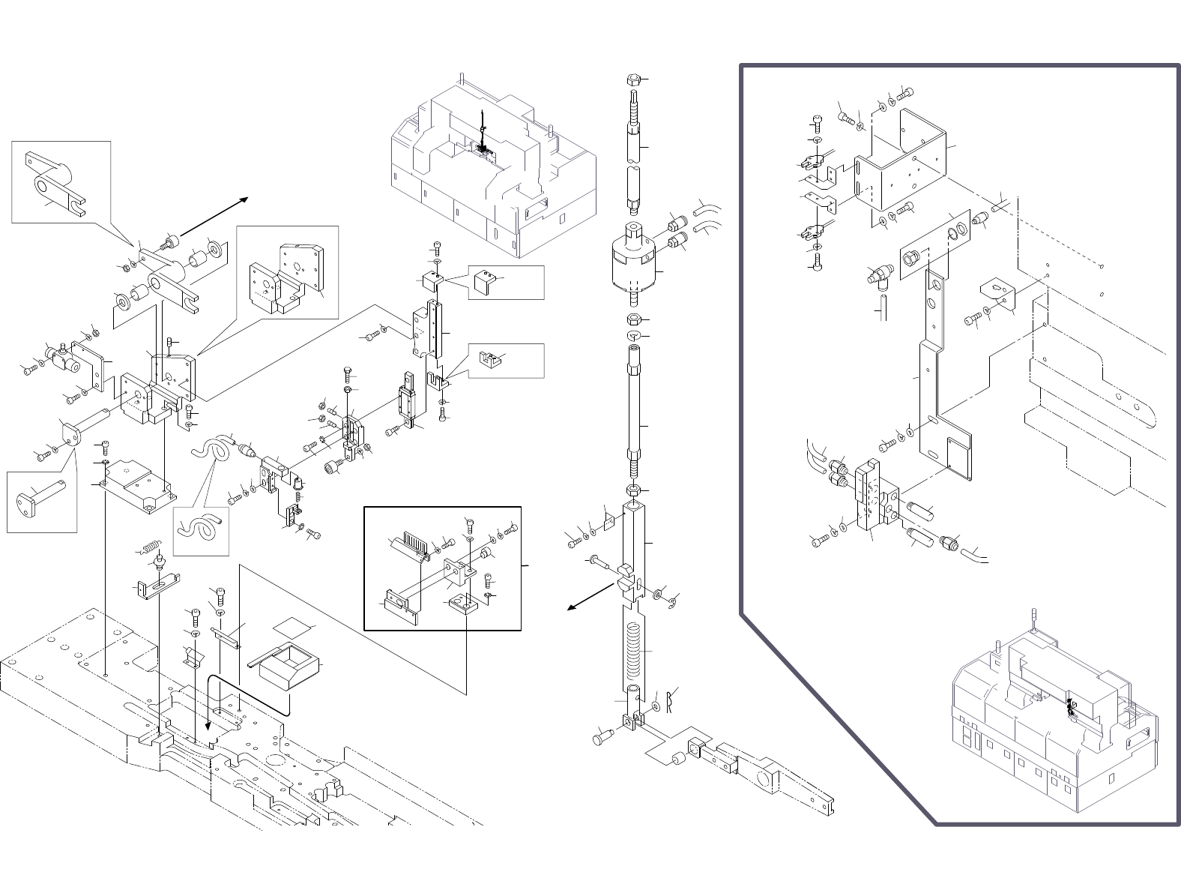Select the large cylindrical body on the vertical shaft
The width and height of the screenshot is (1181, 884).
tap(634, 263)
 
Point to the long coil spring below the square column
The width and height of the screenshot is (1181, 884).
tap(634, 649)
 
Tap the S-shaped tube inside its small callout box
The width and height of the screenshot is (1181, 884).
tap(200, 529)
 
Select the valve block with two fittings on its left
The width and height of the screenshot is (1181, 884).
tap(874, 496)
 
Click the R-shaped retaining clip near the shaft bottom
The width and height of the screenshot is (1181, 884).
tap(671, 700)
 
